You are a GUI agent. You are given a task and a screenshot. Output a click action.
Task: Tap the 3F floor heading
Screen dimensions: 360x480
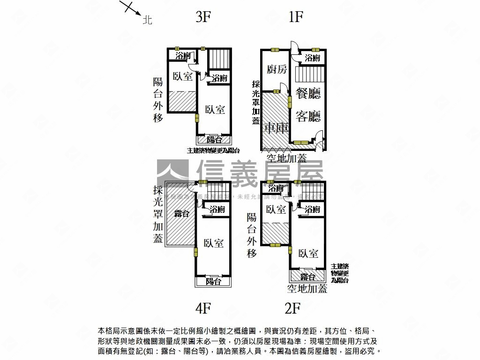point(203,17)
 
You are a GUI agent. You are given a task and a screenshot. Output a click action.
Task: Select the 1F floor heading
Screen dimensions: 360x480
point(296,17)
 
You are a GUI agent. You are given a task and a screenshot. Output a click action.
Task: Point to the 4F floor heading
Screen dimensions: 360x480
point(203,308)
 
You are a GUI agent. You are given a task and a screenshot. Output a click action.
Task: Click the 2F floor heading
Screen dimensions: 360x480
point(292,308)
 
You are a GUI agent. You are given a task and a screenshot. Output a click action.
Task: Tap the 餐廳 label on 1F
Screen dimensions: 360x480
point(308,93)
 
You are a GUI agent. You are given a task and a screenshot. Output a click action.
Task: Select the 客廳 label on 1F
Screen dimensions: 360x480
point(308,116)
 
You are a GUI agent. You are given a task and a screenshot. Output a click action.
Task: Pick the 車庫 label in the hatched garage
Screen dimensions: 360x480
point(276,128)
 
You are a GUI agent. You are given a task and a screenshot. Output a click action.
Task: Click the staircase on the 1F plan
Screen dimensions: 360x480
point(310,75)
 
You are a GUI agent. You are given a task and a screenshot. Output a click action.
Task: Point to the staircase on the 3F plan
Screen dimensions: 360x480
point(219,59)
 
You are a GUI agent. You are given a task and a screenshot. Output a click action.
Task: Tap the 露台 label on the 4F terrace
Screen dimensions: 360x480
point(182,214)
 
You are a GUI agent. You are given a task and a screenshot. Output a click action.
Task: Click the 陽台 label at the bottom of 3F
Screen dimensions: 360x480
point(214,140)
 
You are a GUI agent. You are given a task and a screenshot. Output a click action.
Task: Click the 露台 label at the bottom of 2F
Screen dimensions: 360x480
point(307,277)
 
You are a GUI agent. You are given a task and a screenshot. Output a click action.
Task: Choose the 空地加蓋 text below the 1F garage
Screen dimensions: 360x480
point(286,157)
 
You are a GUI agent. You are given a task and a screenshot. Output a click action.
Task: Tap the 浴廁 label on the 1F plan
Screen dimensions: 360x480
point(312,58)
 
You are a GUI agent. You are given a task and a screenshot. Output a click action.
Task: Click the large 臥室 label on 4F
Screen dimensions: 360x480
point(214,243)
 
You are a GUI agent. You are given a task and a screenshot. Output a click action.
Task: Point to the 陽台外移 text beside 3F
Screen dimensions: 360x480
point(158,99)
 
